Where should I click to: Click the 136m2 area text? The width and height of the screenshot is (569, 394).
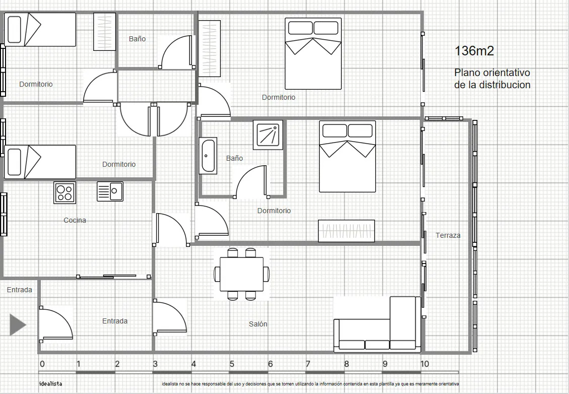(x=474, y=51)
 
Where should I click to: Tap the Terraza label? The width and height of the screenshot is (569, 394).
(x=448, y=235)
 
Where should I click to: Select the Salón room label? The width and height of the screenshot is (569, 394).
(x=258, y=324)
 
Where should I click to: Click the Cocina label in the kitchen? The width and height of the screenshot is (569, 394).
(x=75, y=220)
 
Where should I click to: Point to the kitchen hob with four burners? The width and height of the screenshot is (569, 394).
(x=65, y=192)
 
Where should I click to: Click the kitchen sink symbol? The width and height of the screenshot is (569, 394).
(x=110, y=191)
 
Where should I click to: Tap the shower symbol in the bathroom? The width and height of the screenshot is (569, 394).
(x=268, y=135)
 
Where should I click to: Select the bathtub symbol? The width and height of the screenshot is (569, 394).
(x=208, y=156)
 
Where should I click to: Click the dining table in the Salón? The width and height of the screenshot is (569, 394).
(x=242, y=274)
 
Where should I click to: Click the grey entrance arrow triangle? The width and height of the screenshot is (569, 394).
(x=18, y=324)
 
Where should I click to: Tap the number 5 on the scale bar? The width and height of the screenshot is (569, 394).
(x=231, y=364)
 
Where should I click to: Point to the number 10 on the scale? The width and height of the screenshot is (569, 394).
(x=424, y=364)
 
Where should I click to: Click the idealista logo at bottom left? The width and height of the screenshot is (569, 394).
(x=50, y=383)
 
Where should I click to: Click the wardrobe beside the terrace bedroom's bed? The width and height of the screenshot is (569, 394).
(x=346, y=231)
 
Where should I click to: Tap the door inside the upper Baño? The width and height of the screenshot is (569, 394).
(x=176, y=52)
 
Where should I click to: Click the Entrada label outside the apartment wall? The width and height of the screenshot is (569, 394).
(x=20, y=290)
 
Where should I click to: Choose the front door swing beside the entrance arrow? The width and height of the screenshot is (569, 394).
(x=56, y=324)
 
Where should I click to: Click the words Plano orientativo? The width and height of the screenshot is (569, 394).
(x=492, y=73)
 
